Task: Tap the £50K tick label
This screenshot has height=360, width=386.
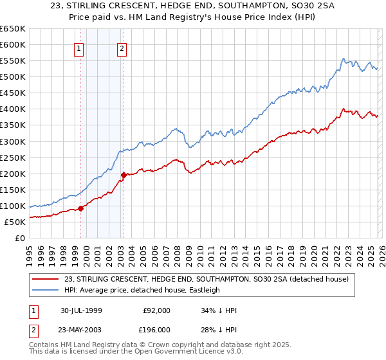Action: [x=14, y=222]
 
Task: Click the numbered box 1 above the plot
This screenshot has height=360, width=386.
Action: [x=78, y=47]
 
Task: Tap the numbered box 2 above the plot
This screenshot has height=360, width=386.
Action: [x=122, y=47]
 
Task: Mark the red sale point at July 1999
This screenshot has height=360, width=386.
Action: [x=81, y=208]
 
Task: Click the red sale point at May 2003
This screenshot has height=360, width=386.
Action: [x=124, y=174]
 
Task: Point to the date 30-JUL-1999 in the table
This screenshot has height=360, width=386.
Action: [x=84, y=310]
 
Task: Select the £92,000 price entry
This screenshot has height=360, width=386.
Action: [x=157, y=310]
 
